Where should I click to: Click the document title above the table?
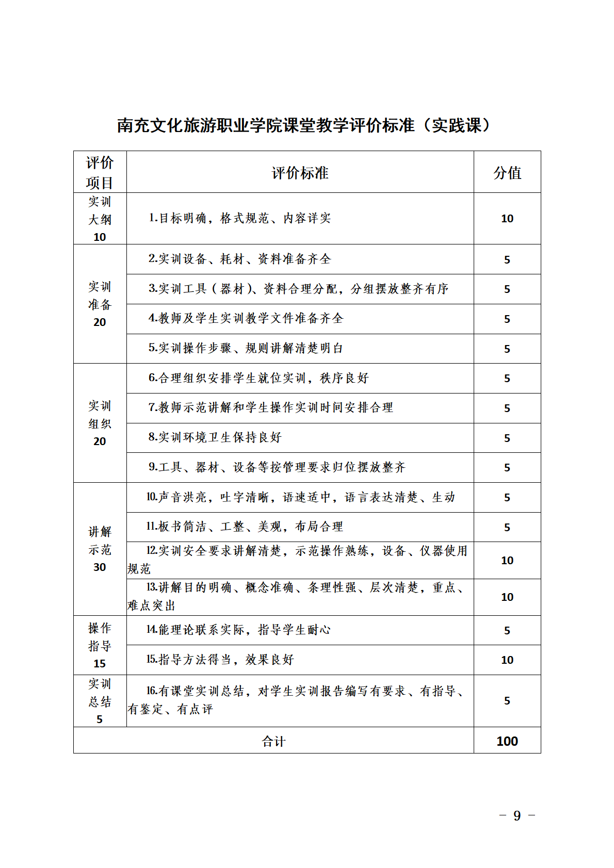[304, 125]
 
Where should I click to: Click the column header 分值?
[507, 173]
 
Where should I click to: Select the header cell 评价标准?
[300, 173]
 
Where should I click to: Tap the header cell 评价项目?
[100, 172]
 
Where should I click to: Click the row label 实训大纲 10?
[100, 219]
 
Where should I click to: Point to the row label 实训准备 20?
[100, 304]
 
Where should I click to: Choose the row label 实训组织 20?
[100, 423]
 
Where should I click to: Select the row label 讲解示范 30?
[100, 549]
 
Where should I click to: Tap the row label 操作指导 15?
[100, 646]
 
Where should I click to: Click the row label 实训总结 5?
[100, 701]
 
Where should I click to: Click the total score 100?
[507, 741]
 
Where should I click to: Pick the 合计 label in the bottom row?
[273, 741]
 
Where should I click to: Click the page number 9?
[517, 815]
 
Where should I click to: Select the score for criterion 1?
[507, 219]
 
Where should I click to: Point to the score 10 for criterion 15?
[507, 660]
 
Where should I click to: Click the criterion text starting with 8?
[215, 437]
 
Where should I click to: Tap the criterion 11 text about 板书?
[245, 527]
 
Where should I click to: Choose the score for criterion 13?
[507, 597]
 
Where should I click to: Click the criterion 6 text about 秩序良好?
[258, 378]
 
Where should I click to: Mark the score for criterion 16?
[507, 701]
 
